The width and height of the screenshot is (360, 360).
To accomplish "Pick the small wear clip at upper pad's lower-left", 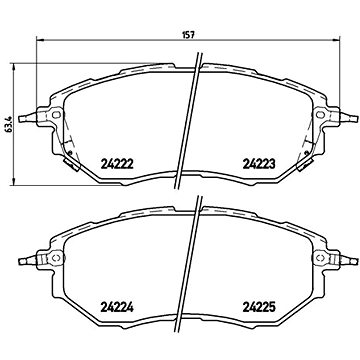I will (x=67, y=156).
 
